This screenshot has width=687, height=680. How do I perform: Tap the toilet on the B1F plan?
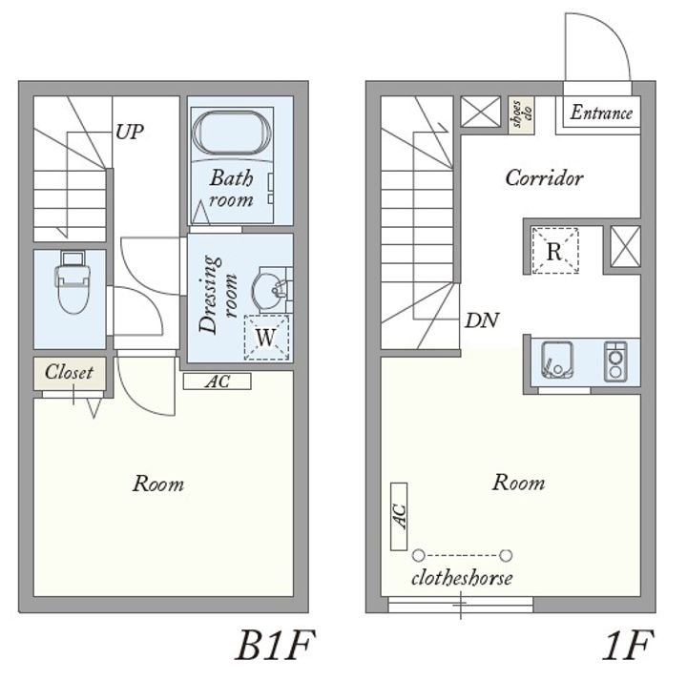73,282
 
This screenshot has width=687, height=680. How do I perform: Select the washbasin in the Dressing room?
269,289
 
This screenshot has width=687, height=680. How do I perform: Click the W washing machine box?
266,338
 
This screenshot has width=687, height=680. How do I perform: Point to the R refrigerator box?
555,251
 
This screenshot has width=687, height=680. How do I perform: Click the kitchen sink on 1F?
557,360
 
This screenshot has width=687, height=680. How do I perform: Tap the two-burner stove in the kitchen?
615,361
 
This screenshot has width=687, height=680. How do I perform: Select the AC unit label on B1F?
218,381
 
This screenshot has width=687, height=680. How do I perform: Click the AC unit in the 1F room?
399,517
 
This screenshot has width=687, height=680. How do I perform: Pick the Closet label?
70,372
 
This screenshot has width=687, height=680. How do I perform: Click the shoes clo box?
522,113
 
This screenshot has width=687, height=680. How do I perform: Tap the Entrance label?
601,113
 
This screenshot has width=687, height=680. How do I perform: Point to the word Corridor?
544,177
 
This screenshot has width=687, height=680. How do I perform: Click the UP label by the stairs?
130,132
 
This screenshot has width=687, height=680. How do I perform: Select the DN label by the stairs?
482,321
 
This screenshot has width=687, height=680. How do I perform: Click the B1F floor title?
275,646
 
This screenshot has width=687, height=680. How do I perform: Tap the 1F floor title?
628,645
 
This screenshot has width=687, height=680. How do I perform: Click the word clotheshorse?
462,578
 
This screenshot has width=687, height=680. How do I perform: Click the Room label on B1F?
158,484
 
